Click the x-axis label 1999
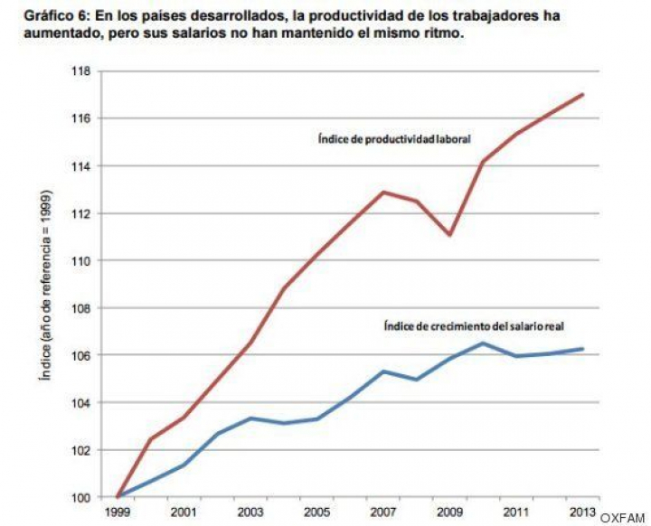tap(118, 512)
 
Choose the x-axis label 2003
tap(250, 512)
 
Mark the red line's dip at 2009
tap(450, 235)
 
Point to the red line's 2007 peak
tap(383, 192)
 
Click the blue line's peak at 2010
tap(484, 343)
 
